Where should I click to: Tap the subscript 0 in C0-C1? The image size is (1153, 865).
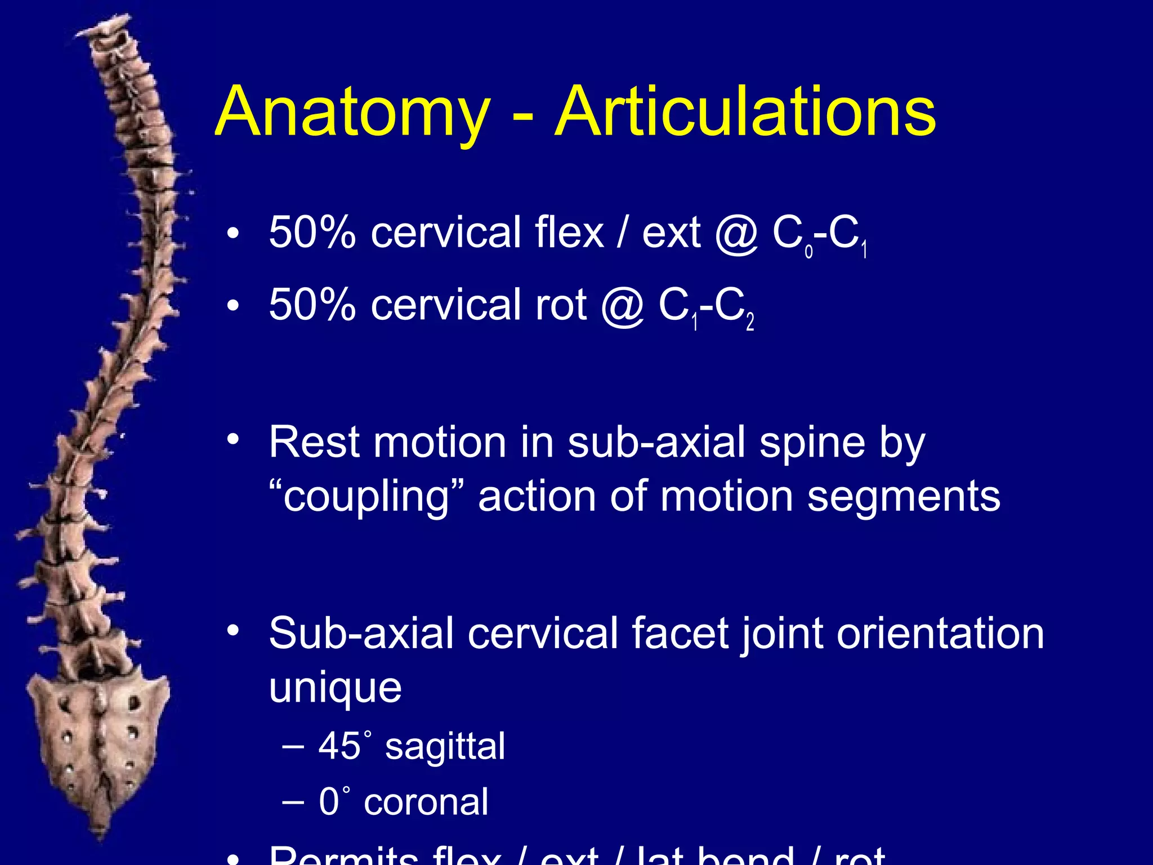coord(809,251)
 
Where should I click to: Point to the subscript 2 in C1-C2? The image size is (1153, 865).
coord(750,323)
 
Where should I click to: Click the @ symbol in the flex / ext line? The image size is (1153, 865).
coord(737,233)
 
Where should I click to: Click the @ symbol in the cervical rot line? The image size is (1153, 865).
coord(623,306)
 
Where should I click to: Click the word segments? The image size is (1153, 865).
coord(904,497)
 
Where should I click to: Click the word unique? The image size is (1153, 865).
coord(336,688)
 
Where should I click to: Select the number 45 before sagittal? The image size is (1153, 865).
coord(339,746)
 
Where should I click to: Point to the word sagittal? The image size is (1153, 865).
coord(445,747)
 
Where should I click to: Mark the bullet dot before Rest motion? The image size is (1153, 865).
coord(234,439)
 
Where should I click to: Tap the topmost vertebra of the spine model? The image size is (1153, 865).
coord(107,31)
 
